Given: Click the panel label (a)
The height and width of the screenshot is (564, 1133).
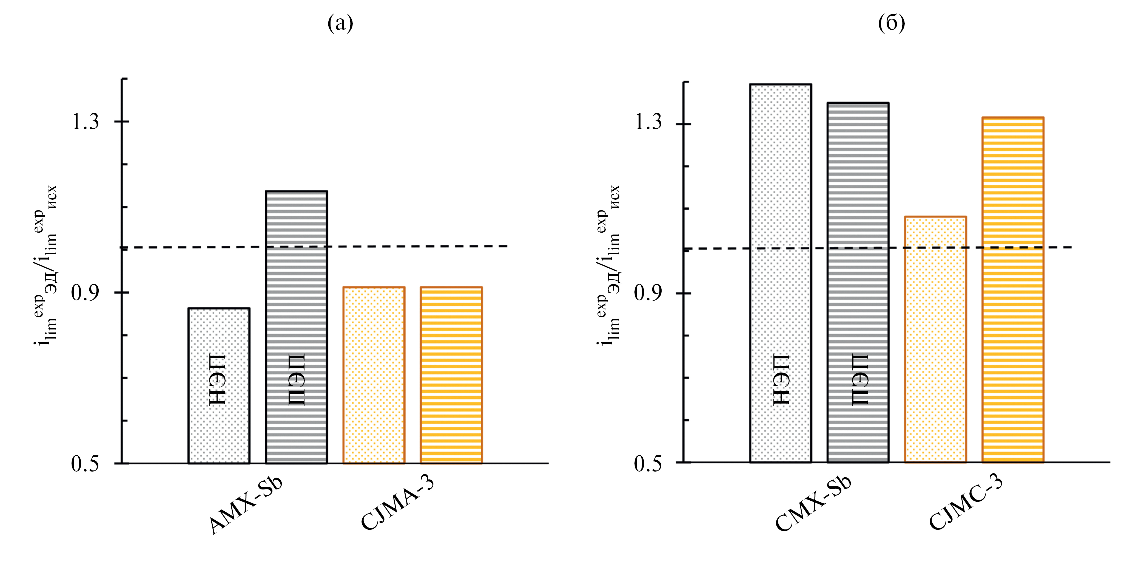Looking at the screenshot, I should tap(340, 23).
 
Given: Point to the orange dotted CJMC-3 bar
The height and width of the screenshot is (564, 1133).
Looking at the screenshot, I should tap(935, 339).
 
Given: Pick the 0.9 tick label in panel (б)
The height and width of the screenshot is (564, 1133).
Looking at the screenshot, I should tap(648, 293).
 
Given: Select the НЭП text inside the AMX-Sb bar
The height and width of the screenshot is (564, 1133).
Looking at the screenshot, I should tap(218, 380).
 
